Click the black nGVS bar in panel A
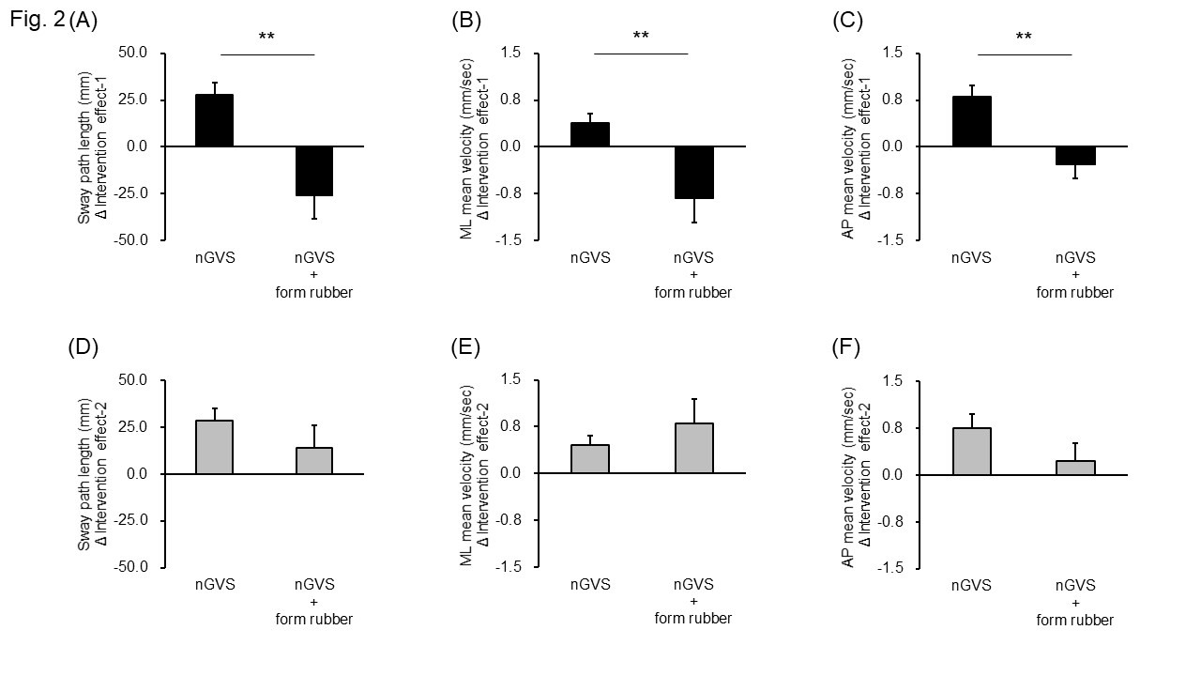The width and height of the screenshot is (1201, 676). (x=214, y=120)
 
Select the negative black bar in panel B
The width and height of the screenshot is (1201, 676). (x=694, y=173)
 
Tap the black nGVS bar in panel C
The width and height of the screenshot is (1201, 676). (x=971, y=121)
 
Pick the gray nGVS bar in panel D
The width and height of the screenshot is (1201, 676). (x=214, y=447)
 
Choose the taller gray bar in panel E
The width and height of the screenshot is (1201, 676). (x=694, y=448)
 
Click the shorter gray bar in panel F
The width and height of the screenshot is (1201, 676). (x=1075, y=468)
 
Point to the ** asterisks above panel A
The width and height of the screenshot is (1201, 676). (x=266, y=38)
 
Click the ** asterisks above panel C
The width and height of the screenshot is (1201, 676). (x=1024, y=38)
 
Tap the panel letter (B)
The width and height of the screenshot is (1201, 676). (x=466, y=20)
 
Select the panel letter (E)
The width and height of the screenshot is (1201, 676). (x=466, y=346)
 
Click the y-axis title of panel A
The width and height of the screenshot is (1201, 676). (x=91, y=146)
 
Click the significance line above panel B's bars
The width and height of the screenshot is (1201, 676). (x=641, y=54)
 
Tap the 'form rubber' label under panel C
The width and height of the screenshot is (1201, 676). (x=1075, y=293)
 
